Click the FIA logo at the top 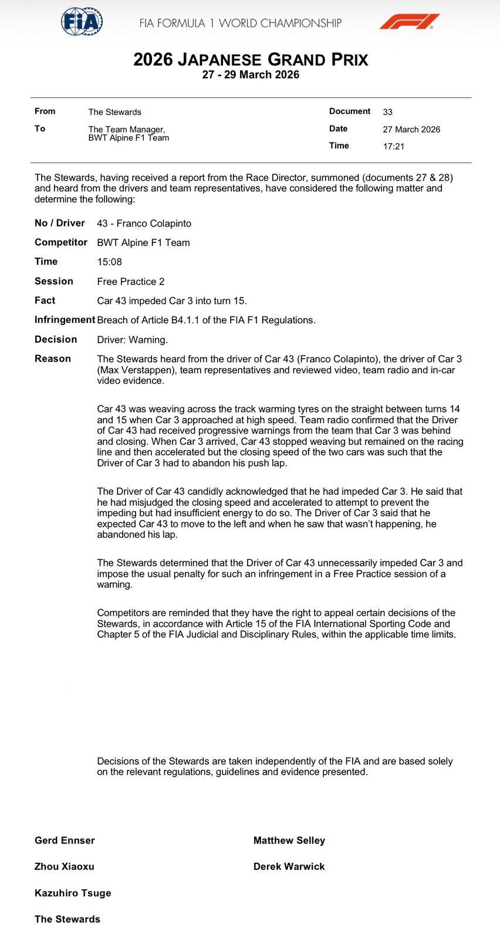(82, 22)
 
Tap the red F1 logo (409, 22)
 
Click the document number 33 (388, 112)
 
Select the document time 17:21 (394, 147)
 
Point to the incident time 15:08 (110, 262)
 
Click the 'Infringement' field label (65, 320)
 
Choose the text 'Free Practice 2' (131, 282)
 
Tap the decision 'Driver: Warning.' (133, 340)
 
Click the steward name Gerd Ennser (65, 840)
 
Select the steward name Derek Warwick (289, 866)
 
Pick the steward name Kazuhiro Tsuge (73, 893)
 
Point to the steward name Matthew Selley (289, 840)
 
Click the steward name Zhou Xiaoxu (65, 866)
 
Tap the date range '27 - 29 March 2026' (251, 75)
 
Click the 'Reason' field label (53, 359)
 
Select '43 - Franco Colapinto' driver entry (144, 224)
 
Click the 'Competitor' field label (61, 242)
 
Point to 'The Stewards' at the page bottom (67, 919)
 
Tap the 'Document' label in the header (350, 112)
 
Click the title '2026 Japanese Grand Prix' (251, 60)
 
